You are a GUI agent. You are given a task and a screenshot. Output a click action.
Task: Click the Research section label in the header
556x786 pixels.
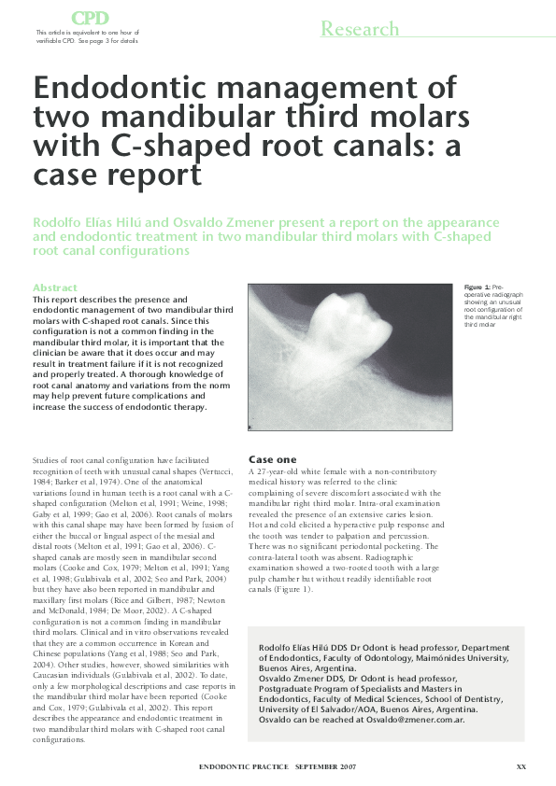click(x=360, y=29)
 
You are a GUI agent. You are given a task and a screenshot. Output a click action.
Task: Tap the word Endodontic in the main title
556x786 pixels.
click(x=130, y=90)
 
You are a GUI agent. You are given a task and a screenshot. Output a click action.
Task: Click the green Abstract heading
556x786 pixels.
click(x=55, y=288)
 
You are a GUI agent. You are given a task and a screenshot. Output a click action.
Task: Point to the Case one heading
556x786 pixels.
click(x=272, y=458)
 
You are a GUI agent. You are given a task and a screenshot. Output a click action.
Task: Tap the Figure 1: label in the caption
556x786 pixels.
click(x=478, y=286)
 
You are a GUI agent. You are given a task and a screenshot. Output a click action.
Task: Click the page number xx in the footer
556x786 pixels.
click(x=521, y=766)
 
